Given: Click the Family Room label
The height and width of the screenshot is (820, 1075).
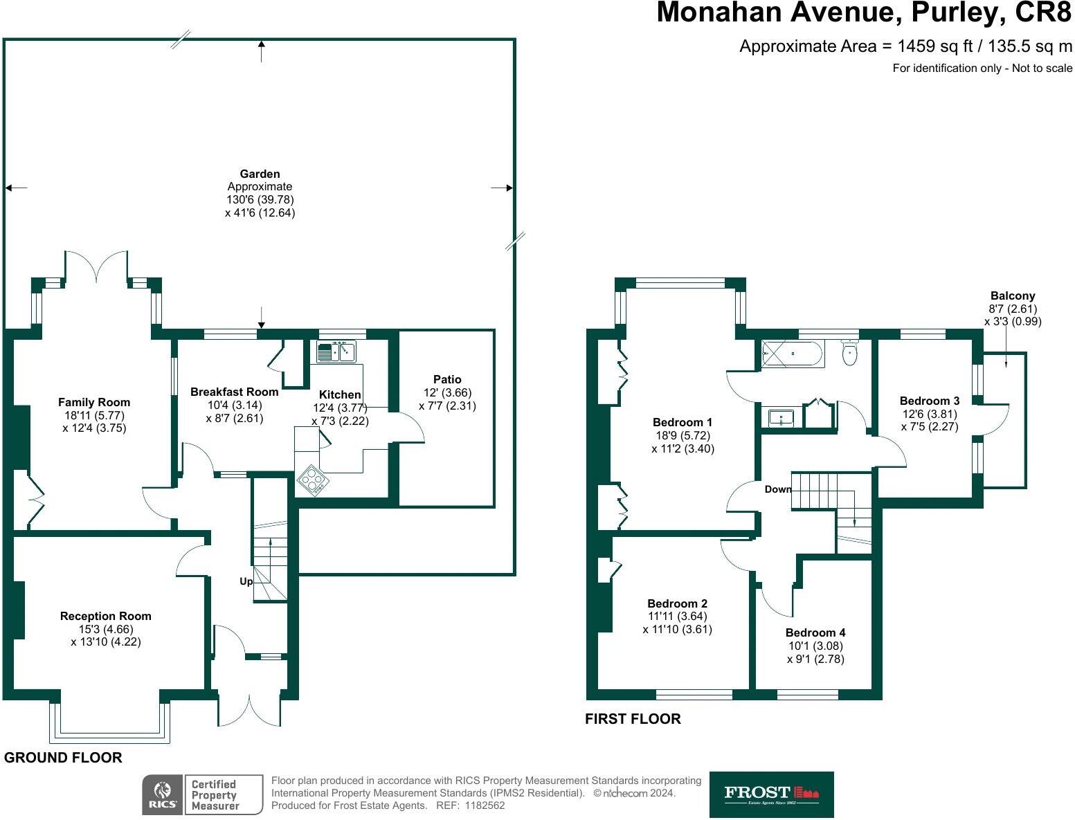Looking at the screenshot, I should [x=93, y=402].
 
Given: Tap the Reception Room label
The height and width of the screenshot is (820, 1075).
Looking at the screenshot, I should [x=105, y=616].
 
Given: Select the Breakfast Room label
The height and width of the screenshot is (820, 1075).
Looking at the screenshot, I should [x=234, y=392].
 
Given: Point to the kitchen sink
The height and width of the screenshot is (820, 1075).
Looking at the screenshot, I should [x=336, y=352].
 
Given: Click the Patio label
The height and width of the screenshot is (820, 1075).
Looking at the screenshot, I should [x=447, y=379].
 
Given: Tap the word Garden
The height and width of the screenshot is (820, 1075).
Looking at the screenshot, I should [x=260, y=174].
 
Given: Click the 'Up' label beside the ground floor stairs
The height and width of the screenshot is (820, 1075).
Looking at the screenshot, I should [x=246, y=581].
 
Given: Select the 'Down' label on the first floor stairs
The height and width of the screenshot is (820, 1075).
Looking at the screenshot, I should [x=777, y=489].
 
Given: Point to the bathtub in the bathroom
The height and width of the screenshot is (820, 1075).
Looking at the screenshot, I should [x=793, y=354].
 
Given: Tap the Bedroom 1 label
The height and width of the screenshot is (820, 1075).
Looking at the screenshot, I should [x=682, y=422].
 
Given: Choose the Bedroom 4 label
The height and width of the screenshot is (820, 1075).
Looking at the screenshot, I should [x=815, y=632].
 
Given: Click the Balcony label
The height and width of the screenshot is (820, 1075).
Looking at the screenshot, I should [x=1012, y=295].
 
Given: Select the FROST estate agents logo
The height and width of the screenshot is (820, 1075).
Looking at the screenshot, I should [x=771, y=794].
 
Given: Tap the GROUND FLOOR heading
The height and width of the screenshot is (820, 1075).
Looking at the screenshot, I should [x=63, y=758].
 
